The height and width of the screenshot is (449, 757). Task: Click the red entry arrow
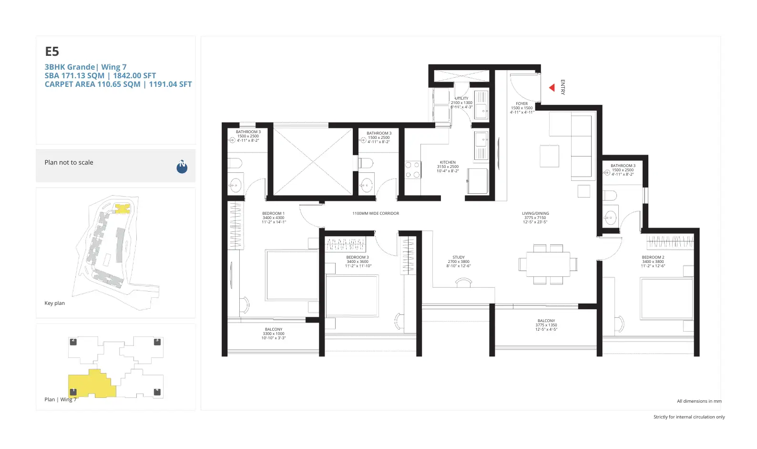[552, 88]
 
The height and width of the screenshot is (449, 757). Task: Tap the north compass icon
[182, 167]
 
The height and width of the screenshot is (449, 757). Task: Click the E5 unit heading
[52, 52]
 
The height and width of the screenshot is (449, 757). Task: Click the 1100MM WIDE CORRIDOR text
[376, 213]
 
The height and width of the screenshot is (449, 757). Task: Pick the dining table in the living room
[548, 264]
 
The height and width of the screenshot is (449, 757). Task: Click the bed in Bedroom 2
[666, 299]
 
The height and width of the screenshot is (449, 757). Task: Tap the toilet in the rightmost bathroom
[610, 195]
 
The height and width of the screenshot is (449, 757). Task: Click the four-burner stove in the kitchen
[412, 170]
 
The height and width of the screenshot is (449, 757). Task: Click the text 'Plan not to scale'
[69, 163]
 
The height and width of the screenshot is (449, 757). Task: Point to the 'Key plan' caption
[54, 303]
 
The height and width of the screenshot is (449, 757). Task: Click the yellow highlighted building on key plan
[123, 209]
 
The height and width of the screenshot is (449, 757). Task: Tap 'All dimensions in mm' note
[699, 401]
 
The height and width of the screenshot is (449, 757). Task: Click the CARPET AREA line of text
[118, 84]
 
